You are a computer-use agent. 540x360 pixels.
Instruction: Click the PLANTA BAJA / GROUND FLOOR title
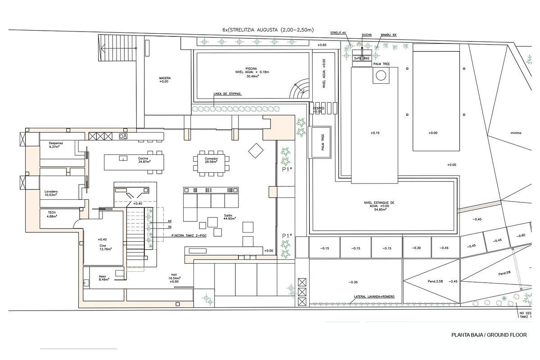point(489,335)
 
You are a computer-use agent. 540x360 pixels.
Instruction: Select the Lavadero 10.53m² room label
point(51,193)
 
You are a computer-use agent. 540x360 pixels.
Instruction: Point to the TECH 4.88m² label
point(52,214)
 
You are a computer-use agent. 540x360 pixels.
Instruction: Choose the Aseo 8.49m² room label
point(105,277)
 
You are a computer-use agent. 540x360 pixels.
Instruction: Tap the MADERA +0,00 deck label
point(165,80)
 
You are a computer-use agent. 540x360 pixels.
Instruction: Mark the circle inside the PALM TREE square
point(381,76)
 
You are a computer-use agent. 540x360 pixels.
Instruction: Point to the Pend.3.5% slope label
point(436,282)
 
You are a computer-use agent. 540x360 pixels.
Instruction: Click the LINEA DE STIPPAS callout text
point(227,94)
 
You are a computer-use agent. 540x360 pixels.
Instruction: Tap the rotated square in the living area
point(255,151)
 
